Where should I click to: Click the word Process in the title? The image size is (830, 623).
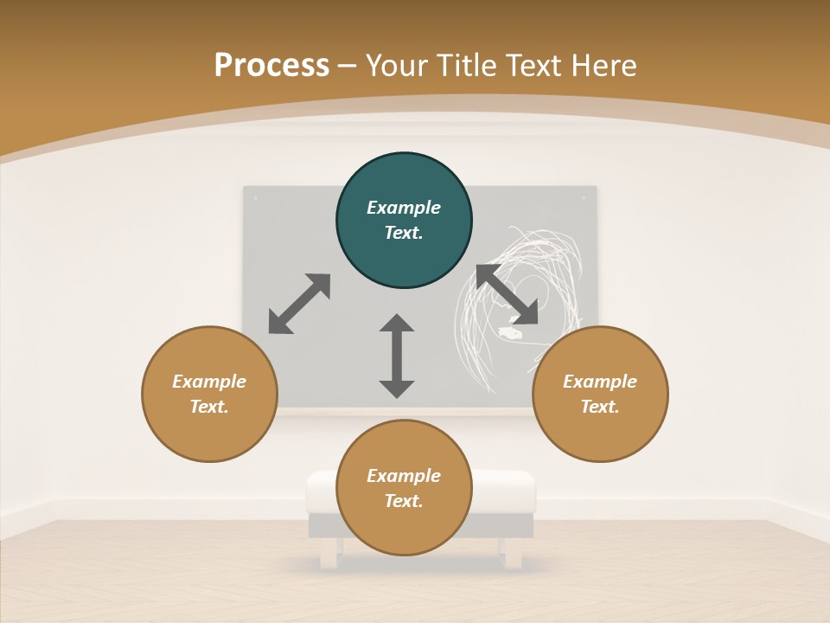pos(271,66)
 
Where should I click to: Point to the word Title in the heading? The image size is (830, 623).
pos(470,66)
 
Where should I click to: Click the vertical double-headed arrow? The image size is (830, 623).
pos(397,356)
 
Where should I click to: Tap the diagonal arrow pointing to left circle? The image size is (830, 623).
pos(299,304)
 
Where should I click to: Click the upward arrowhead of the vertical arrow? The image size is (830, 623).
pos(397,324)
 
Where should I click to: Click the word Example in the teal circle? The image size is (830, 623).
pos(404,208)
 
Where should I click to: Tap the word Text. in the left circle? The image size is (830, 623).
pos(209,407)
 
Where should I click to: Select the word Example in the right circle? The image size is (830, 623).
pos(600,382)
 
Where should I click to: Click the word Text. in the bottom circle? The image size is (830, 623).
pos(404,501)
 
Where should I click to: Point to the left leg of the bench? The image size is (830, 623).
pos(329,553)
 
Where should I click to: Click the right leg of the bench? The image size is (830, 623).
pos(514,553)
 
